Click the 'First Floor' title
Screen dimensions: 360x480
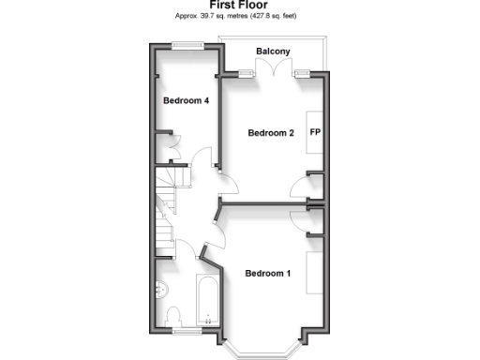click(239, 6)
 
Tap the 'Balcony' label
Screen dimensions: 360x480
click(273, 51)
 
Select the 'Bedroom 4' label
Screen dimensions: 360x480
click(186, 100)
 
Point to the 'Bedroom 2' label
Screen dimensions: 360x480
click(271, 133)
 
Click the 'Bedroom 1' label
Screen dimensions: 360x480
click(268, 274)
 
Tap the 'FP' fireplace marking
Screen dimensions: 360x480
click(315, 132)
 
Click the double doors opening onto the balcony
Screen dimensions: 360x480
click(275, 67)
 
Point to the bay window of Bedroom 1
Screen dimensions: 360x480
click(266, 348)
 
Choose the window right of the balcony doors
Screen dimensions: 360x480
click(302, 72)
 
